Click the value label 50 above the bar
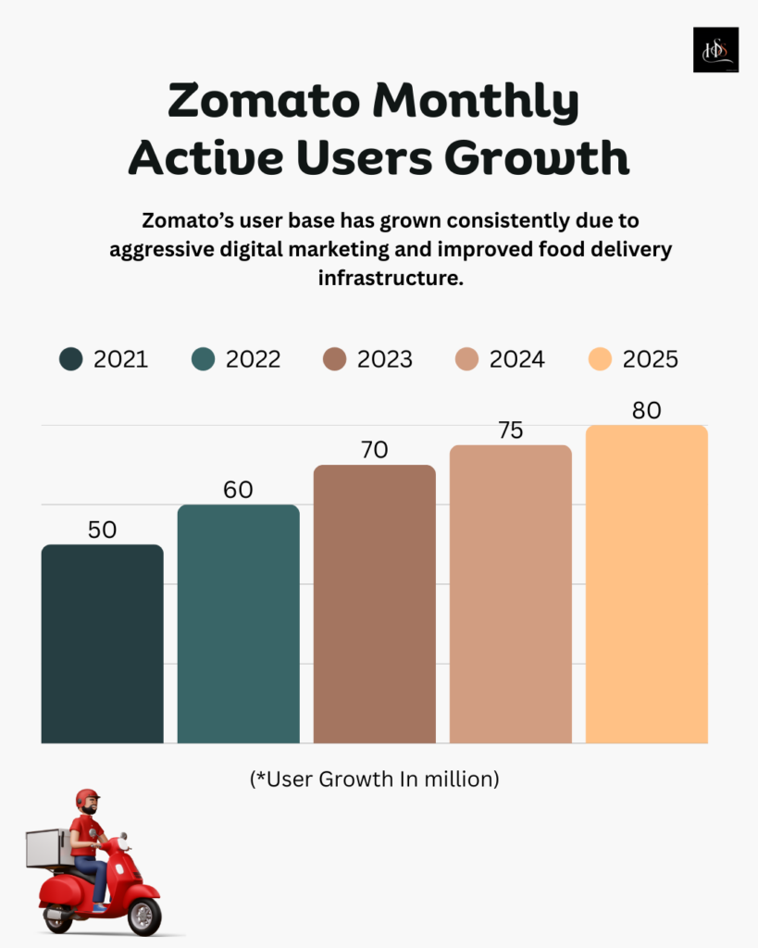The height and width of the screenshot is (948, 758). [102, 530]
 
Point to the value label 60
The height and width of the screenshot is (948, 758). [238, 490]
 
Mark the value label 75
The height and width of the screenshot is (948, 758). [510, 430]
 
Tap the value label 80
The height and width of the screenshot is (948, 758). [646, 410]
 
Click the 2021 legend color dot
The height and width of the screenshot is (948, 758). [70, 359]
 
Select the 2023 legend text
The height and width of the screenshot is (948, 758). [385, 359]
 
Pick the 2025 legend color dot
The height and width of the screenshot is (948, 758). [601, 359]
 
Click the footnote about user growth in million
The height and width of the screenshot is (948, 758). [374, 780]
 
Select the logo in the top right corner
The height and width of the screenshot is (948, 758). [715, 49]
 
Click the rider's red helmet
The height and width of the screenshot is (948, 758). [87, 798]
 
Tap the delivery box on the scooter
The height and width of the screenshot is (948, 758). [49, 848]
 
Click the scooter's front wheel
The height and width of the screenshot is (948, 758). [143, 916]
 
